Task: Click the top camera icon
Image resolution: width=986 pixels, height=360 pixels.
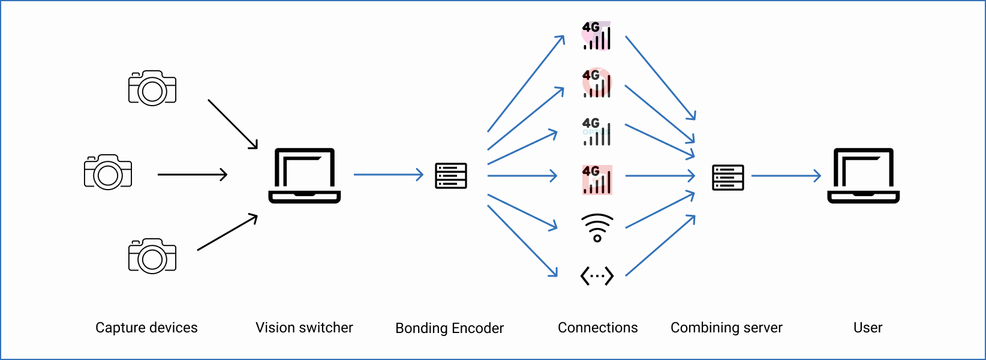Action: [152, 88]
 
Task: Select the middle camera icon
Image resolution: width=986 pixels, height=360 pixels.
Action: [108, 172]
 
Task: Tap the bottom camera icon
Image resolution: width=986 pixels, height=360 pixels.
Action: [152, 256]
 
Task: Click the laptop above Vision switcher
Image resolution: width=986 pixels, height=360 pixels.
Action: [305, 175]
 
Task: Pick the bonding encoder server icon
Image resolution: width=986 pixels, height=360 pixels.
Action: [451, 176]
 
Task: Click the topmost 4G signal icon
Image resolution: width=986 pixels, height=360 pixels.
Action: [597, 36]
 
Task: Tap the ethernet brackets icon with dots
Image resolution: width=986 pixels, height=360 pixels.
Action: [597, 276]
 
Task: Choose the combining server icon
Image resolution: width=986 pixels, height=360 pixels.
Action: [728, 178]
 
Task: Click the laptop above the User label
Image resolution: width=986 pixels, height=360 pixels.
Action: [864, 175]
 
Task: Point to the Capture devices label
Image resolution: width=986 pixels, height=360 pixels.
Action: [146, 328]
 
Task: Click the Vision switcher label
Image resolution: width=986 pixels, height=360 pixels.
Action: [304, 328]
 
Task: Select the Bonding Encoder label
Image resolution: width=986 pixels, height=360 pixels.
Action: [449, 328]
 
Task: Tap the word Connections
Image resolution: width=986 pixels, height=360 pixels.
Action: [597, 328]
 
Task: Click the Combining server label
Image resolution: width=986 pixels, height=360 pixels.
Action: [726, 328]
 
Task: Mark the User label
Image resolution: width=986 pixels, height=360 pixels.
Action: [868, 328]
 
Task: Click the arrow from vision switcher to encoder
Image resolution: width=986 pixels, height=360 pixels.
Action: [389, 175]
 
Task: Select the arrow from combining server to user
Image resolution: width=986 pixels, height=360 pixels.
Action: [786, 176]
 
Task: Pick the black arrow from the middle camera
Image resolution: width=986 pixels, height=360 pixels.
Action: [192, 175]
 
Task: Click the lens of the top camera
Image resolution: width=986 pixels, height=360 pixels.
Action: [152, 91]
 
